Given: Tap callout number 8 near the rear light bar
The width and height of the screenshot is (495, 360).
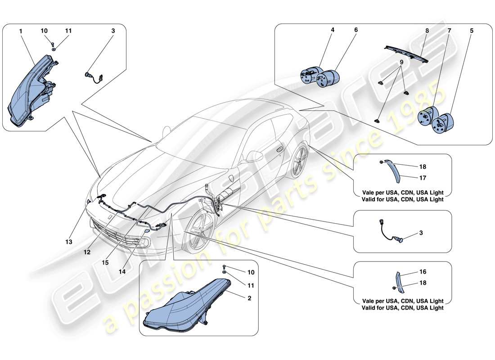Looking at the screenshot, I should click(x=427, y=31).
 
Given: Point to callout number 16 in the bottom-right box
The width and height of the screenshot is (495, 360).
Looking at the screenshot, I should click(x=423, y=272).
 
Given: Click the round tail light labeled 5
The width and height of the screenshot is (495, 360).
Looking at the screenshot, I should click(x=443, y=122).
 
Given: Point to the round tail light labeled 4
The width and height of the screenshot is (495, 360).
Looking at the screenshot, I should click(x=310, y=75).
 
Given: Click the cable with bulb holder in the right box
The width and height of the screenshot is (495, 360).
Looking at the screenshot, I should click(x=390, y=232).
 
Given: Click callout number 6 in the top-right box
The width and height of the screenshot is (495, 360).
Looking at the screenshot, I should click(x=355, y=31).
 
